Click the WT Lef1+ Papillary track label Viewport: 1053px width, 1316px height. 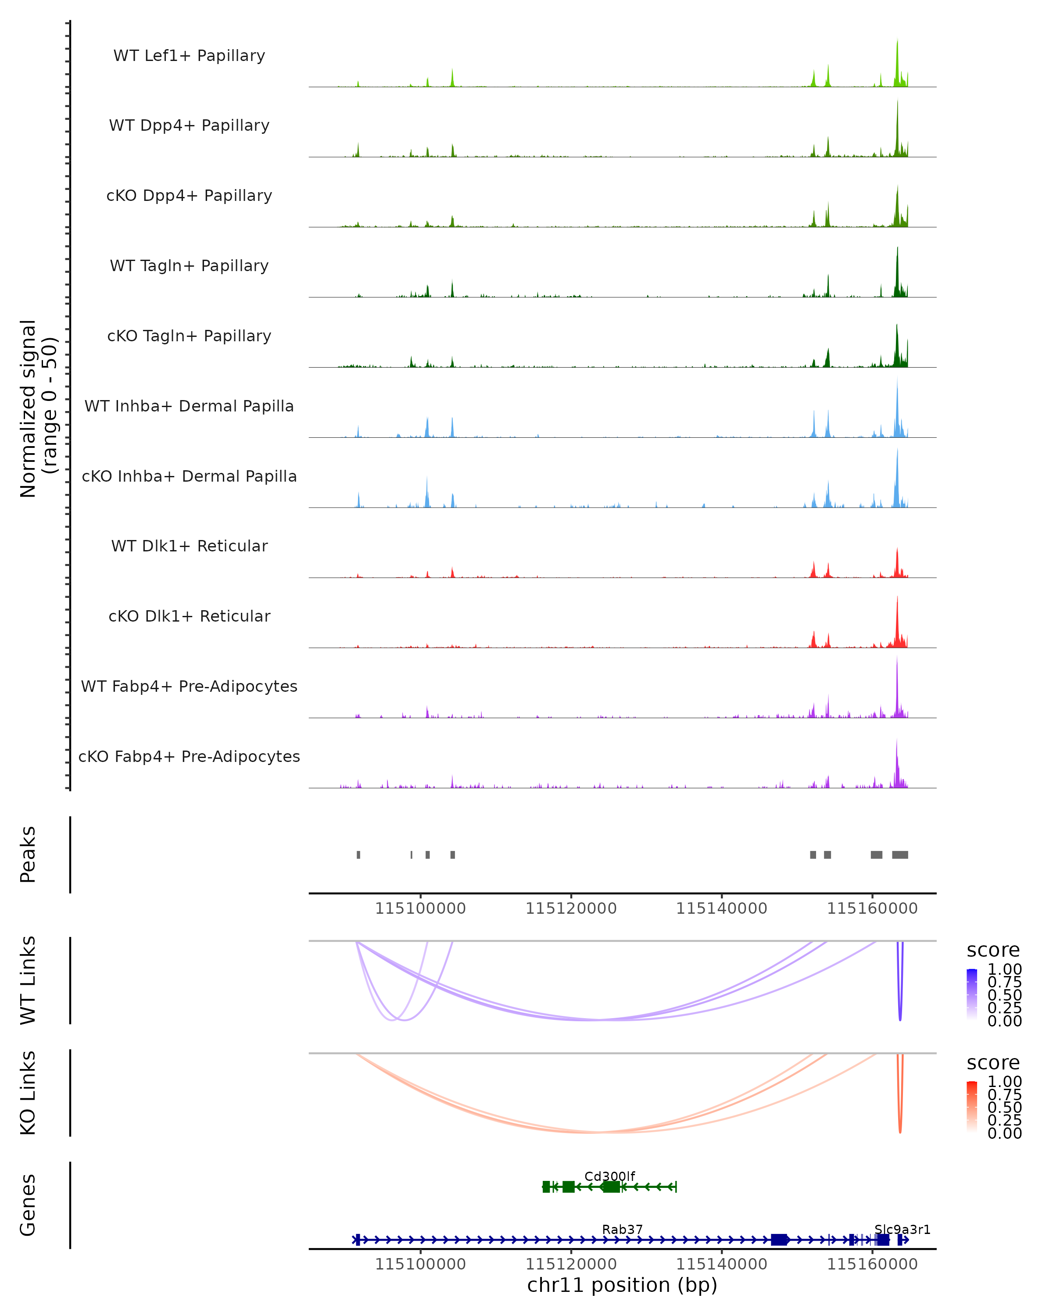coord(189,56)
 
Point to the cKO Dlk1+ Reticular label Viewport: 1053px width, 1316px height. coord(189,616)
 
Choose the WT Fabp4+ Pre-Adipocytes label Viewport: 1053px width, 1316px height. coord(189,687)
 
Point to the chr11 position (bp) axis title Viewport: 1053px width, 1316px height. coord(622,1285)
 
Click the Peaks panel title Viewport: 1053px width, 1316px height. coord(28,855)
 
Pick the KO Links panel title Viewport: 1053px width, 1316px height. coord(28,1093)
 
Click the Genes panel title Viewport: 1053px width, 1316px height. coord(28,1205)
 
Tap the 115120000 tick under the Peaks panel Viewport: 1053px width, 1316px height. coord(571,909)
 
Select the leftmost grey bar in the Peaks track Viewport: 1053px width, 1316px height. coord(358,855)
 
